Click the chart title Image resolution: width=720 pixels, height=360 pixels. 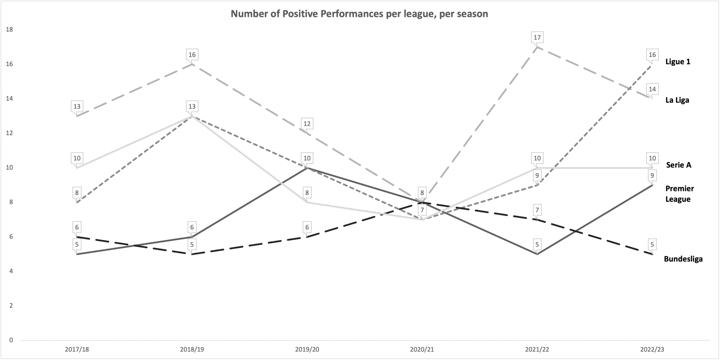359,14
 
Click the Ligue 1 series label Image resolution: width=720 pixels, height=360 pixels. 677,62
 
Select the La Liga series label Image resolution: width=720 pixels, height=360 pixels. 677,100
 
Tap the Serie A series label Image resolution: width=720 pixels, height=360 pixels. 679,165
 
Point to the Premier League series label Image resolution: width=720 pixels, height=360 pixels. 679,194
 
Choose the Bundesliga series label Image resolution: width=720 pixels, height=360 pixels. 683,259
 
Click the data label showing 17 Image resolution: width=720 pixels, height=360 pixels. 537,37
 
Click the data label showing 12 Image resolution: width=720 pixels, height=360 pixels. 307,123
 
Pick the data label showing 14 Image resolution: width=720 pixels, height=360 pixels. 652,89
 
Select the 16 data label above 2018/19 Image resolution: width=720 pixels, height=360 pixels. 192,54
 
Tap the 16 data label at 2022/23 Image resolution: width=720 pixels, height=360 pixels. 652,54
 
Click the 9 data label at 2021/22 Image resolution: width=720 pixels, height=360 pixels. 537,175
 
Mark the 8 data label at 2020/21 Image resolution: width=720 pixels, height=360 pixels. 422,193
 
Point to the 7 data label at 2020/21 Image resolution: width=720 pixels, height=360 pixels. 422,210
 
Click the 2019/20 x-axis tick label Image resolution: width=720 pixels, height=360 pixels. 307,350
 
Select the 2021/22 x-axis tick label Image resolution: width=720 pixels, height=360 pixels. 537,350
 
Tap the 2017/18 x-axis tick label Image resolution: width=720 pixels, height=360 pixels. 77,350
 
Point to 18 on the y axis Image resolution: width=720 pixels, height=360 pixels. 9,30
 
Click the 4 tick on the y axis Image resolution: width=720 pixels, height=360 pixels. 11,271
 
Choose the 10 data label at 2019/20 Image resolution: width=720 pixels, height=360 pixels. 307,158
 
